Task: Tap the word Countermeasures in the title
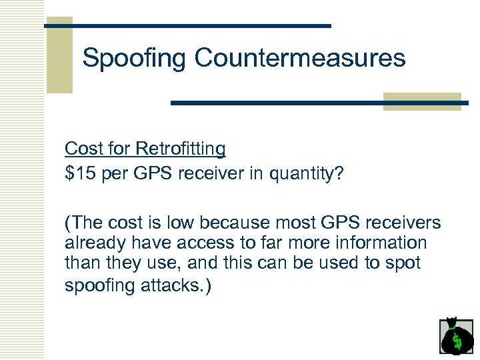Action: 300,58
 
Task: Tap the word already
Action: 92,243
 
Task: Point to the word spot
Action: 401,263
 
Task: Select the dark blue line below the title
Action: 320,103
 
